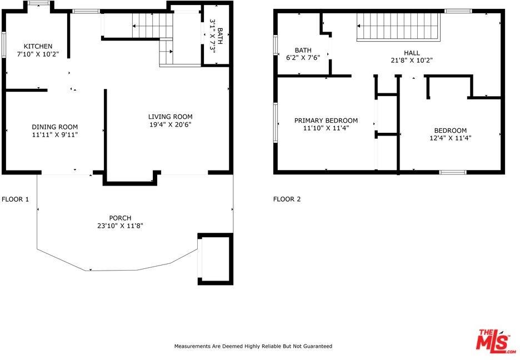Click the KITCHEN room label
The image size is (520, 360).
[x=38, y=46]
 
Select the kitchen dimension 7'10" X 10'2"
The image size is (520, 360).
[x=38, y=54]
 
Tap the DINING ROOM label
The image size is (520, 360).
[x=54, y=127]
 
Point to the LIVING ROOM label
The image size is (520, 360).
[x=170, y=117]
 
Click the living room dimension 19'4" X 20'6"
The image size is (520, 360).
[x=170, y=125]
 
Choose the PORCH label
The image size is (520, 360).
[x=120, y=218]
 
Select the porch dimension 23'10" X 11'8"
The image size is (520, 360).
[x=120, y=226]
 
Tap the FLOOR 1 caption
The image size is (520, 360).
[x=16, y=199]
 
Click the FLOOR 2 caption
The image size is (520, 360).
[x=287, y=199]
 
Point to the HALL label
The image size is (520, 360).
[x=412, y=53]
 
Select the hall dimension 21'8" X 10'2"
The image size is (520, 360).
[x=412, y=61]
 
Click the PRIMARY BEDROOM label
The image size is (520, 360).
[x=326, y=121]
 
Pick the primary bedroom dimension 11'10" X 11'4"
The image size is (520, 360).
[x=326, y=128]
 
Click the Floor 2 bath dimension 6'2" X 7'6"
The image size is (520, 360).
[x=303, y=58]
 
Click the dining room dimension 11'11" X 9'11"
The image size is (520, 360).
[x=54, y=134]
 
